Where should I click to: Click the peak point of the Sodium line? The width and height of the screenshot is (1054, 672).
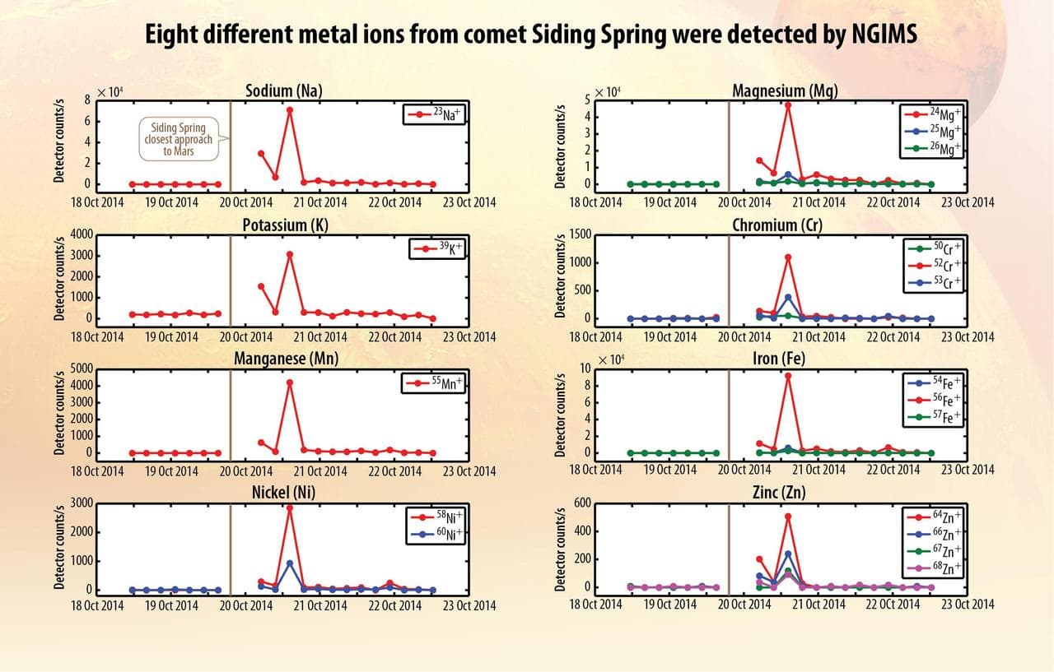tap(289, 110)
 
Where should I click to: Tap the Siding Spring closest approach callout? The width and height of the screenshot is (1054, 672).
tap(179, 140)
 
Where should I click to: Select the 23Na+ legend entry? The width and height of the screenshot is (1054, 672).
tap(434, 115)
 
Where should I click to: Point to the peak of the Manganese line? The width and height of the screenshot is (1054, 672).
tap(289, 382)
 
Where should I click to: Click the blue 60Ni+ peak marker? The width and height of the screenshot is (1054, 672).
tap(289, 563)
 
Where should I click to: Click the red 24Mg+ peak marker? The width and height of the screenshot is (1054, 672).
tap(788, 105)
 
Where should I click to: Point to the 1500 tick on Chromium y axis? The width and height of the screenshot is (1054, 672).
tap(579, 235)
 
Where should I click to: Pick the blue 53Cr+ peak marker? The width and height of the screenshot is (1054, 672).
tap(788, 297)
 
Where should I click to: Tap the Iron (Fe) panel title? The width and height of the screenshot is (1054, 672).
tap(778, 359)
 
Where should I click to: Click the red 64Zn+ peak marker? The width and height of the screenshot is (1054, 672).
tap(788, 517)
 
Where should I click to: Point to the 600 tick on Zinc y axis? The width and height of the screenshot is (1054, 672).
tap(582, 503)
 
